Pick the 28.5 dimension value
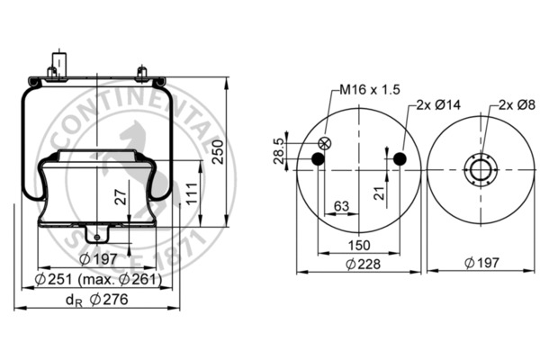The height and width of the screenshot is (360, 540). pos(279,149)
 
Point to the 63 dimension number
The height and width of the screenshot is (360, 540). pos(341,207)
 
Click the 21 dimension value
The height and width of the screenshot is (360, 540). pos(379,189)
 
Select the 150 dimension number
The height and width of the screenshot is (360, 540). pos(359,245)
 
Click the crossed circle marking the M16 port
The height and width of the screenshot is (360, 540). pos(326,143)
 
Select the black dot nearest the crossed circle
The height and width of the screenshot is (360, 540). pos(318,160)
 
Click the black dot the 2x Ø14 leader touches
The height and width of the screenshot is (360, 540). pos(400,160)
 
